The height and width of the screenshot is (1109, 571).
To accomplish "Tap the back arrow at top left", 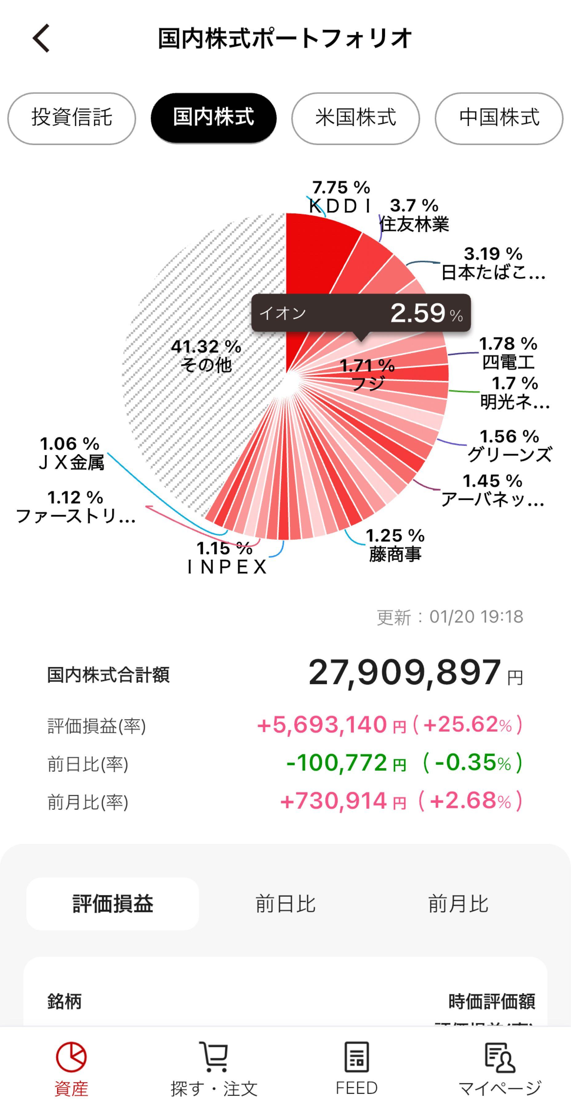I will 41,38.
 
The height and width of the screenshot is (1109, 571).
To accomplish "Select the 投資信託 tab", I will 71,118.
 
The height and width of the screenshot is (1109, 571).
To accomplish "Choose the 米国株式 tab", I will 356,118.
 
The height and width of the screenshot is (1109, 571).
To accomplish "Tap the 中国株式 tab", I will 499,118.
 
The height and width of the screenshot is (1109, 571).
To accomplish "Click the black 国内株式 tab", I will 213,118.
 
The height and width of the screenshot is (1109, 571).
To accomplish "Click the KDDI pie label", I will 340,205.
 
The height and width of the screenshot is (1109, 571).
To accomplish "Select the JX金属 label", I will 71,462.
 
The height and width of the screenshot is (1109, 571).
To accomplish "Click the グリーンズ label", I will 509,454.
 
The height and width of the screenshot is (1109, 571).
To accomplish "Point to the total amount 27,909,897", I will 404,673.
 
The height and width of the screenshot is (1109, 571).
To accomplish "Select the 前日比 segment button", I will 285,904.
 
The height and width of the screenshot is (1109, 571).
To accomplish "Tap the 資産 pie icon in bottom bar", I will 71,1057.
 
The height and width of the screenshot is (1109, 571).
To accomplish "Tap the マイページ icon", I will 499,1057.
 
